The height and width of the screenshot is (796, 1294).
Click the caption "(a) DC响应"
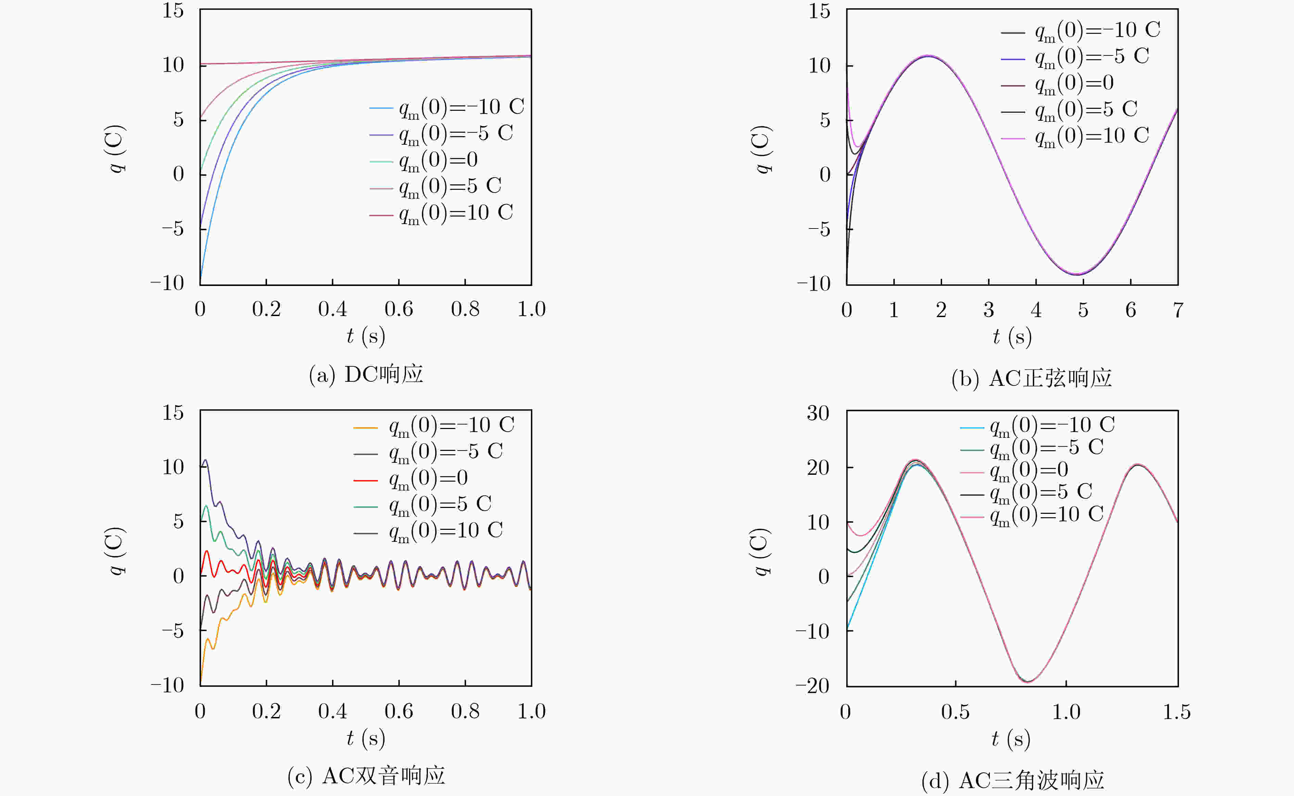click(366, 374)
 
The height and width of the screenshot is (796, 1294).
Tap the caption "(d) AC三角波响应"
click(1012, 780)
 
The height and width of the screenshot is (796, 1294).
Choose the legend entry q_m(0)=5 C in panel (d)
click(1041, 492)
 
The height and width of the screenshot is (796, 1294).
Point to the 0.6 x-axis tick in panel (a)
click(399, 309)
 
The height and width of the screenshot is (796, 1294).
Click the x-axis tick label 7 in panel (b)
click(1178, 310)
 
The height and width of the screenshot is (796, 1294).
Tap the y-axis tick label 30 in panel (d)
click(818, 413)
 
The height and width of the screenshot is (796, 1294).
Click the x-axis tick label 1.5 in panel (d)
click(1177, 712)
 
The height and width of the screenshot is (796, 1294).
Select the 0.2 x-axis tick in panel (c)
click(266, 711)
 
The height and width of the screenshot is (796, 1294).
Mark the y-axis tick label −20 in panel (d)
click(812, 686)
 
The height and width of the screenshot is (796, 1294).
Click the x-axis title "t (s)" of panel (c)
click(366, 738)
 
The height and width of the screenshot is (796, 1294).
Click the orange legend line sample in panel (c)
click(366, 428)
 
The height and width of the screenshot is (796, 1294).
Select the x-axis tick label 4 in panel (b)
click(1036, 310)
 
